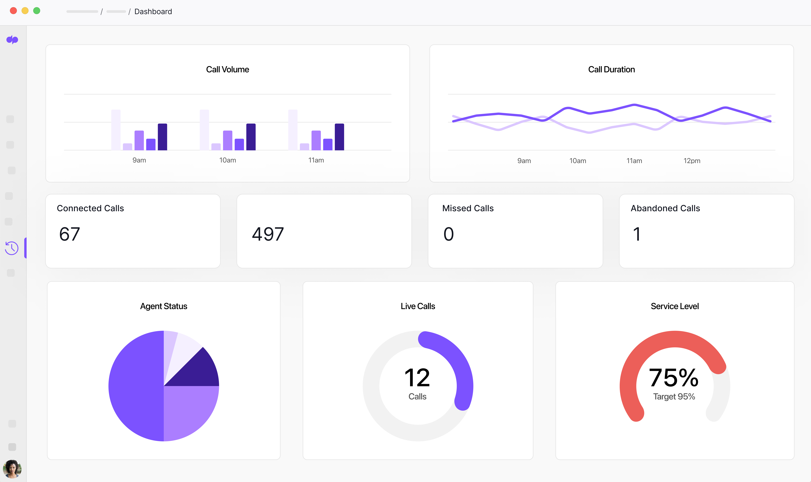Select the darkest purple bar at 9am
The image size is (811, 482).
coord(162,137)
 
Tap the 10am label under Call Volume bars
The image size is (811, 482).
coord(228,160)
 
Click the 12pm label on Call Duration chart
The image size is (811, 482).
coord(692,161)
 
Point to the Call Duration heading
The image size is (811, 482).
coord(611,70)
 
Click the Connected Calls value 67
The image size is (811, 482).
coord(70,234)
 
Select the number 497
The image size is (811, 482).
coord(268,234)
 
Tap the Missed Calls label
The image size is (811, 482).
coord(468,208)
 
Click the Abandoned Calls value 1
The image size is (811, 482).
coord(637,234)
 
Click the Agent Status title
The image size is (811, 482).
coord(164,306)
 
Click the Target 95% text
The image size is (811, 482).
coord(674,397)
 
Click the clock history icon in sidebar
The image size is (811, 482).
coord(12,248)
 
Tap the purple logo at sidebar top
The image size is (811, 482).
coord(12,40)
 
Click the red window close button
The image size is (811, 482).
coord(13,11)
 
